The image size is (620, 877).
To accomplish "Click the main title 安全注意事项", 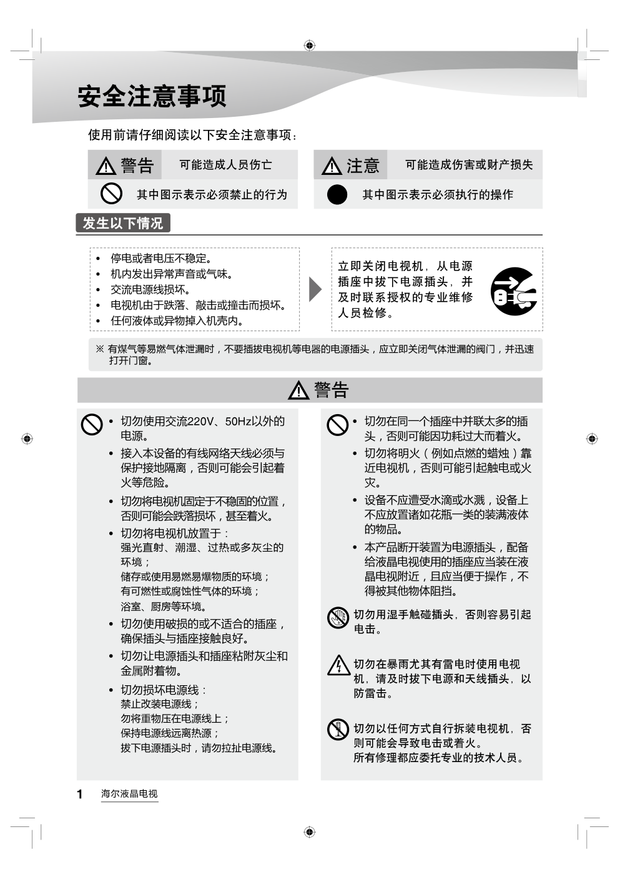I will [x=152, y=96].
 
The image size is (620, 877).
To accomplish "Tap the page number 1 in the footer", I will [x=80, y=794].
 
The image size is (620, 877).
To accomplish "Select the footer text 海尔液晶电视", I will [x=129, y=794].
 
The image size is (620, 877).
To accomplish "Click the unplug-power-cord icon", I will [x=513, y=291].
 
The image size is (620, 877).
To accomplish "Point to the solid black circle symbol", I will [x=337, y=195].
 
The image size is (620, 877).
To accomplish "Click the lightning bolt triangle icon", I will [x=338, y=665].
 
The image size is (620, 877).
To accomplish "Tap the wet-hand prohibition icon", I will [x=338, y=617].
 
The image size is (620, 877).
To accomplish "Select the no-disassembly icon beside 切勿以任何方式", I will [x=338, y=729].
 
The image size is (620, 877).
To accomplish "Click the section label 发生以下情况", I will [x=123, y=223].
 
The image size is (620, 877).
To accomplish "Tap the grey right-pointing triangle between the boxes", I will [x=315, y=289].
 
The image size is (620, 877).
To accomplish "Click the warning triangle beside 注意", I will [x=332, y=166].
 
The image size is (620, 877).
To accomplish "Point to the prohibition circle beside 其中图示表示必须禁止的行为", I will [x=111, y=194].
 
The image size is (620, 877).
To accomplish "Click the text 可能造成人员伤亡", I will [x=225, y=165].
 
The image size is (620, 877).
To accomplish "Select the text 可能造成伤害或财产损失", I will [x=469, y=165].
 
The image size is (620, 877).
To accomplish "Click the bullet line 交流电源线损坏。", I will [x=150, y=290].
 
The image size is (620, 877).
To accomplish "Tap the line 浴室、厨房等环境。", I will [x=164, y=607].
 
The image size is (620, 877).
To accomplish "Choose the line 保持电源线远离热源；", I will [x=170, y=733].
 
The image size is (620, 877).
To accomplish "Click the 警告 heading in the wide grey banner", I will [x=331, y=390].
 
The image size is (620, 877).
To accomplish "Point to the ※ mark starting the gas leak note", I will [x=100, y=349].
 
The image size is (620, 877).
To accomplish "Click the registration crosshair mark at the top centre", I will [x=310, y=45].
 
